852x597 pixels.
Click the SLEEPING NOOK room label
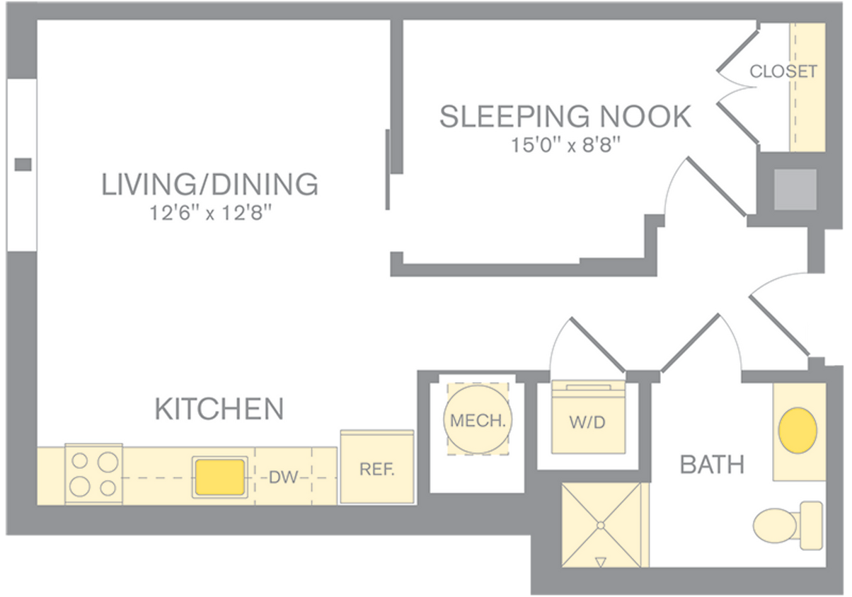pos(565,117)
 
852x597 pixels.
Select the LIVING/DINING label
pos(209,184)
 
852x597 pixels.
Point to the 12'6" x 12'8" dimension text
pos(210,213)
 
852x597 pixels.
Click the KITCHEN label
pos(219,409)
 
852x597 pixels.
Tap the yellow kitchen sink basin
pos(220,476)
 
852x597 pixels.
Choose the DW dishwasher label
pos(283,477)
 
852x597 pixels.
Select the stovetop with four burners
pos(93,474)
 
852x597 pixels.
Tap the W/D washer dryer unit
pos(588,418)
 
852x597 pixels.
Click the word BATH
pos(712,465)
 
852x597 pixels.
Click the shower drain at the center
pos(601,525)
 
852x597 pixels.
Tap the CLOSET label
pos(783,71)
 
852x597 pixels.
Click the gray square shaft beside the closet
pos(795,190)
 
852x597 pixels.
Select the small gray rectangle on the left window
pos(23,165)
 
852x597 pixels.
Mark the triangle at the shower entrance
pos(601,562)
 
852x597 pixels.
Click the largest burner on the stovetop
pos(81,487)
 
